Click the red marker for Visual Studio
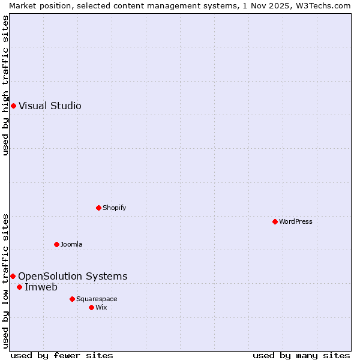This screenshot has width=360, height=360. pyautogui.click(x=13, y=106)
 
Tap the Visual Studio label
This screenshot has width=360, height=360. pyautogui.click(x=50, y=106)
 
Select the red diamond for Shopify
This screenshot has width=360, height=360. pyautogui.click(x=99, y=208)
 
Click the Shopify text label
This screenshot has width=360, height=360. pyautogui.click(x=114, y=208)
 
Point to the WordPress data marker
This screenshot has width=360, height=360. pyautogui.click(x=275, y=222)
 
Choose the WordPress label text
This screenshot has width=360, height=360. pyautogui.click(x=295, y=222)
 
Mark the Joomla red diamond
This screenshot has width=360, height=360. pyautogui.click(x=57, y=245)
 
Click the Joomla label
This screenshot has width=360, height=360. pyautogui.click(x=71, y=245)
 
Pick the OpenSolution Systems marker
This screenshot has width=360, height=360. pyautogui.click(x=13, y=277)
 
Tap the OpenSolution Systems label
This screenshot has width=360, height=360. pyautogui.click(x=73, y=277)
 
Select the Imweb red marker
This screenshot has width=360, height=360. pyautogui.click(x=20, y=287)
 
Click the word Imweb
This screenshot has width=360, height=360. pyautogui.click(x=41, y=287)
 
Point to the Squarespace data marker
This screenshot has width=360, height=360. pyautogui.click(x=73, y=299)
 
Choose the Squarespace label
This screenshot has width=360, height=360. pyautogui.click(x=97, y=299)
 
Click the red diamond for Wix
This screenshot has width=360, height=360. pyautogui.click(x=92, y=308)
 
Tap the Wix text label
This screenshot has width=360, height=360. pyautogui.click(x=101, y=308)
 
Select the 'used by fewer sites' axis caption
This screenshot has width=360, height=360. pyautogui.click(x=62, y=356)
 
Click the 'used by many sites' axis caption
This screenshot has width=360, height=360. pyautogui.click(x=301, y=356)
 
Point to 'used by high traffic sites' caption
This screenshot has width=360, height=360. pyautogui.click(x=5, y=85)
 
